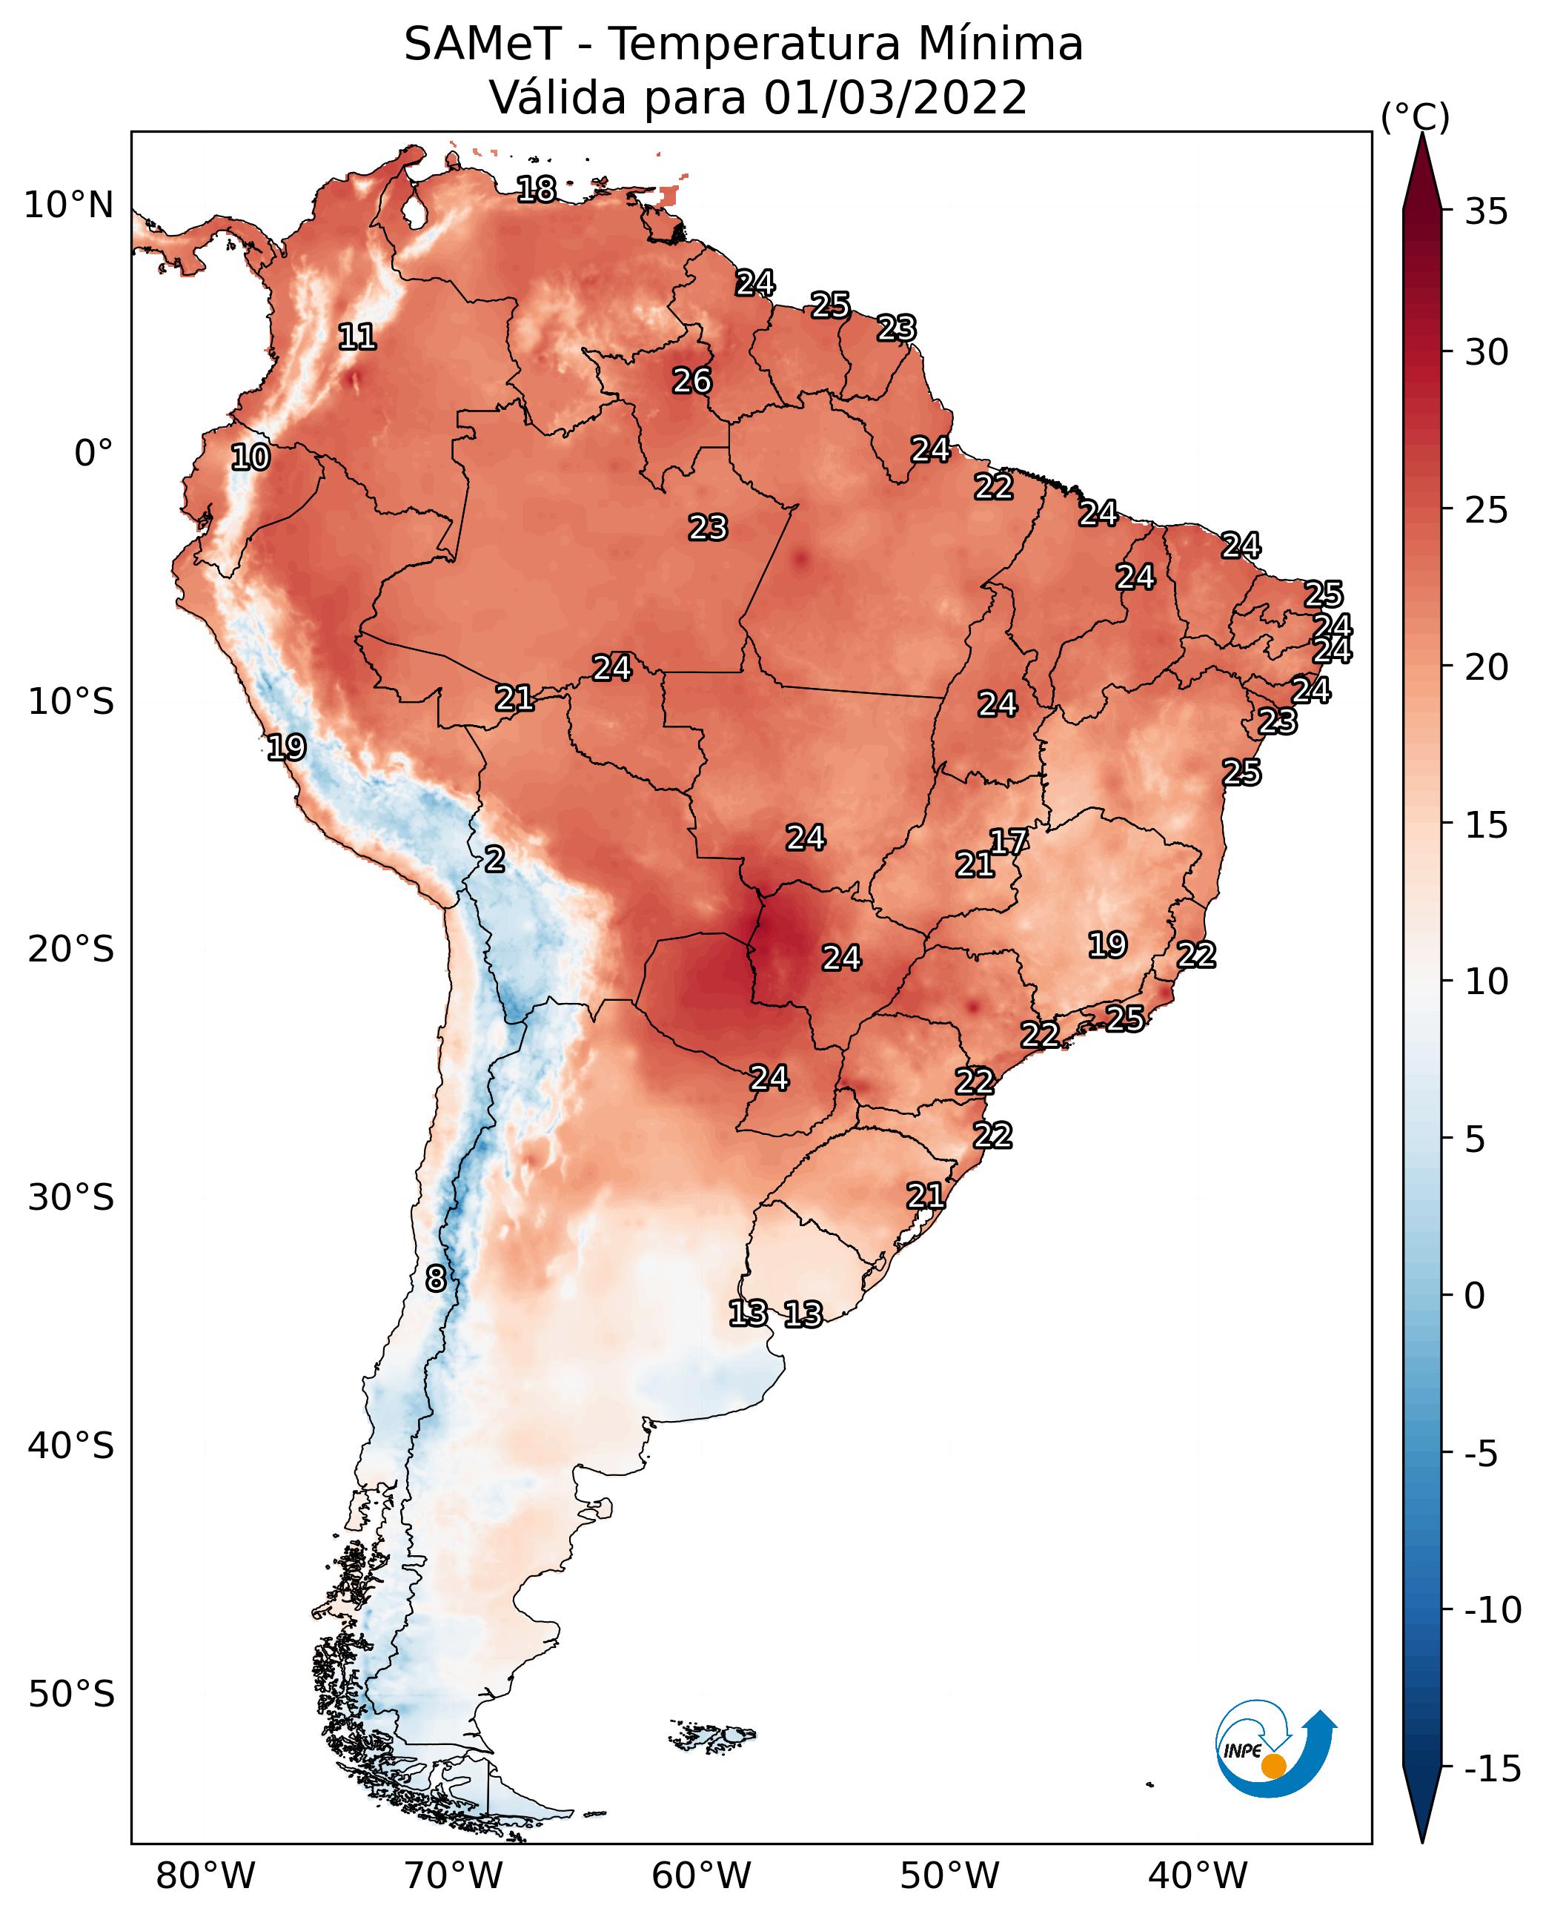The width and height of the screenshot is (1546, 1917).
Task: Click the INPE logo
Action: tap(1275, 1749)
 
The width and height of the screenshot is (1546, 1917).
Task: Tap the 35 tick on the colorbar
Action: tap(1486, 212)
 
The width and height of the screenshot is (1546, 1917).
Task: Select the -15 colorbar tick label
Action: tap(1493, 1769)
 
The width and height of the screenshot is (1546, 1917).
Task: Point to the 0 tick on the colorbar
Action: tap(1475, 1296)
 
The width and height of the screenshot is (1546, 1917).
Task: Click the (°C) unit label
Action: tap(1415, 118)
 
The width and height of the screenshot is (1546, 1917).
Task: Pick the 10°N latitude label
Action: tap(69, 206)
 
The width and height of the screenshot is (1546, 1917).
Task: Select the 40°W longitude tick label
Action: tap(1197, 1875)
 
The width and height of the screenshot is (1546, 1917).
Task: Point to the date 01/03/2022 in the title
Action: tap(895, 98)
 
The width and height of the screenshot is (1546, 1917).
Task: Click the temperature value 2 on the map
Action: tap(494, 860)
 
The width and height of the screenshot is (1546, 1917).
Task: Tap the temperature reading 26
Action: tap(692, 381)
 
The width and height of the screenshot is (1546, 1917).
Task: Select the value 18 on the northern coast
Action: tap(536, 190)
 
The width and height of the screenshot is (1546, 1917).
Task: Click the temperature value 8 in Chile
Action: tap(436, 1279)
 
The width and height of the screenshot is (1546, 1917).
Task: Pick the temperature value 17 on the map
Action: tap(1009, 842)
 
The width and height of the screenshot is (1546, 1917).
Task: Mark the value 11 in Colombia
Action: tap(357, 337)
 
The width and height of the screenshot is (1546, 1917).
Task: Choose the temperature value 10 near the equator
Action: tap(251, 458)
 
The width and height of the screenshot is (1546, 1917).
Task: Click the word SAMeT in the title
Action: tap(482, 44)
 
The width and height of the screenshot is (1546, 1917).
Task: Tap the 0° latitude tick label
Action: tap(93, 454)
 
